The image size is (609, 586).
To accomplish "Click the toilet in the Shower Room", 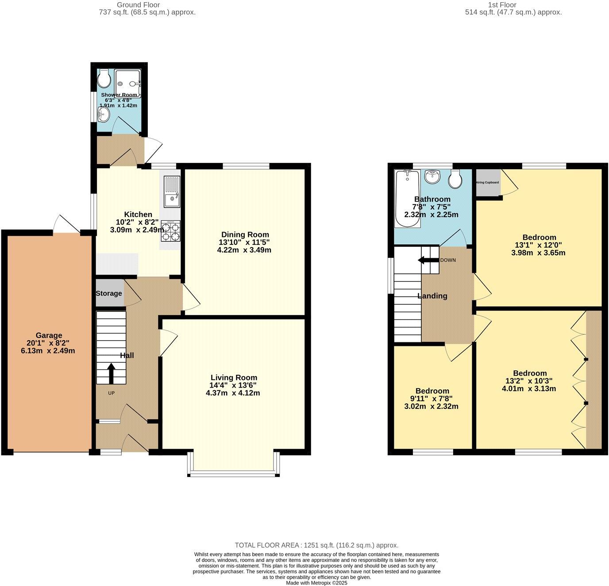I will coord(104,79).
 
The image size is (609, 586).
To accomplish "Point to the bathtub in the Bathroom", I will coord(407,198).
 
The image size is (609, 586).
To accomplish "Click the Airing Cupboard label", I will coord(487,182).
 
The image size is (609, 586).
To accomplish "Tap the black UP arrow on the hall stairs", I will coord(111,373).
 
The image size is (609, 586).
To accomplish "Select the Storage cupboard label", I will coord(109,293).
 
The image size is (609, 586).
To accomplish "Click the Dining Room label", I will coord(245,234).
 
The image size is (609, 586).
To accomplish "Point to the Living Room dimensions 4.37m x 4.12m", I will coord(233,393).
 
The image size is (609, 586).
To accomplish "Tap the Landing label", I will coord(432,296).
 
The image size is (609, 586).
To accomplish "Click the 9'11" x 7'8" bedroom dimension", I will coord(432,399).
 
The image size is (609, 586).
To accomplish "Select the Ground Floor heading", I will coord(138,5).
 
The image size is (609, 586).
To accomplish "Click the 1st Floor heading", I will coord(502,5).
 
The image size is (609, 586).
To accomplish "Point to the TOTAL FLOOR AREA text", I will coord(316,545).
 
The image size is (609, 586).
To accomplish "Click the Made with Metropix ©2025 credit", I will coord(316,583).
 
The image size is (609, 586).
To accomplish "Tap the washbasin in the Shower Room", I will coord(104,115).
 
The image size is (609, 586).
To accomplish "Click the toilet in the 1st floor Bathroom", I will coord(455,179).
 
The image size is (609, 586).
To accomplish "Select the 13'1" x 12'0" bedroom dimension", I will coord(538,245).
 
